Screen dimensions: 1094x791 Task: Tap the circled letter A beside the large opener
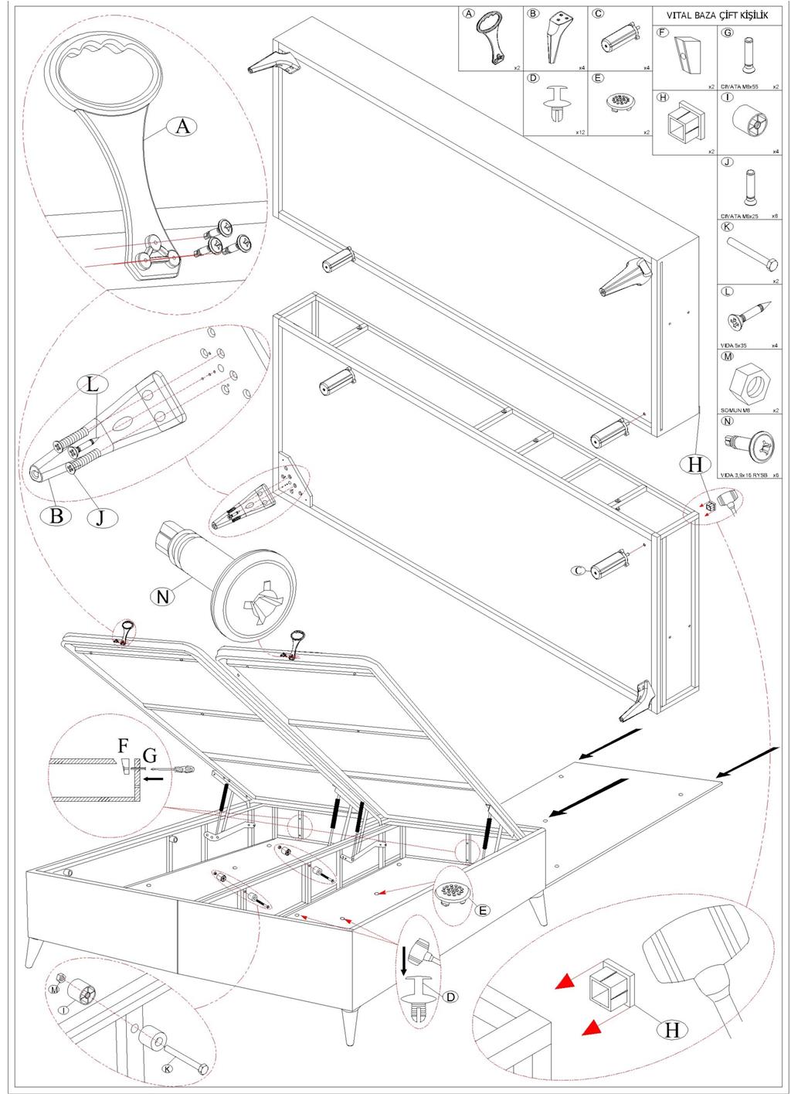182,125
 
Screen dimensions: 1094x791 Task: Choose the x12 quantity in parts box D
580,132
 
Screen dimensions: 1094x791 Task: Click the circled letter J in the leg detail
100,516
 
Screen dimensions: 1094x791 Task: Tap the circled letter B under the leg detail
56,515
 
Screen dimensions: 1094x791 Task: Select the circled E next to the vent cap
481,910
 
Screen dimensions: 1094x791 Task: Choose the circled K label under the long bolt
167,1068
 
